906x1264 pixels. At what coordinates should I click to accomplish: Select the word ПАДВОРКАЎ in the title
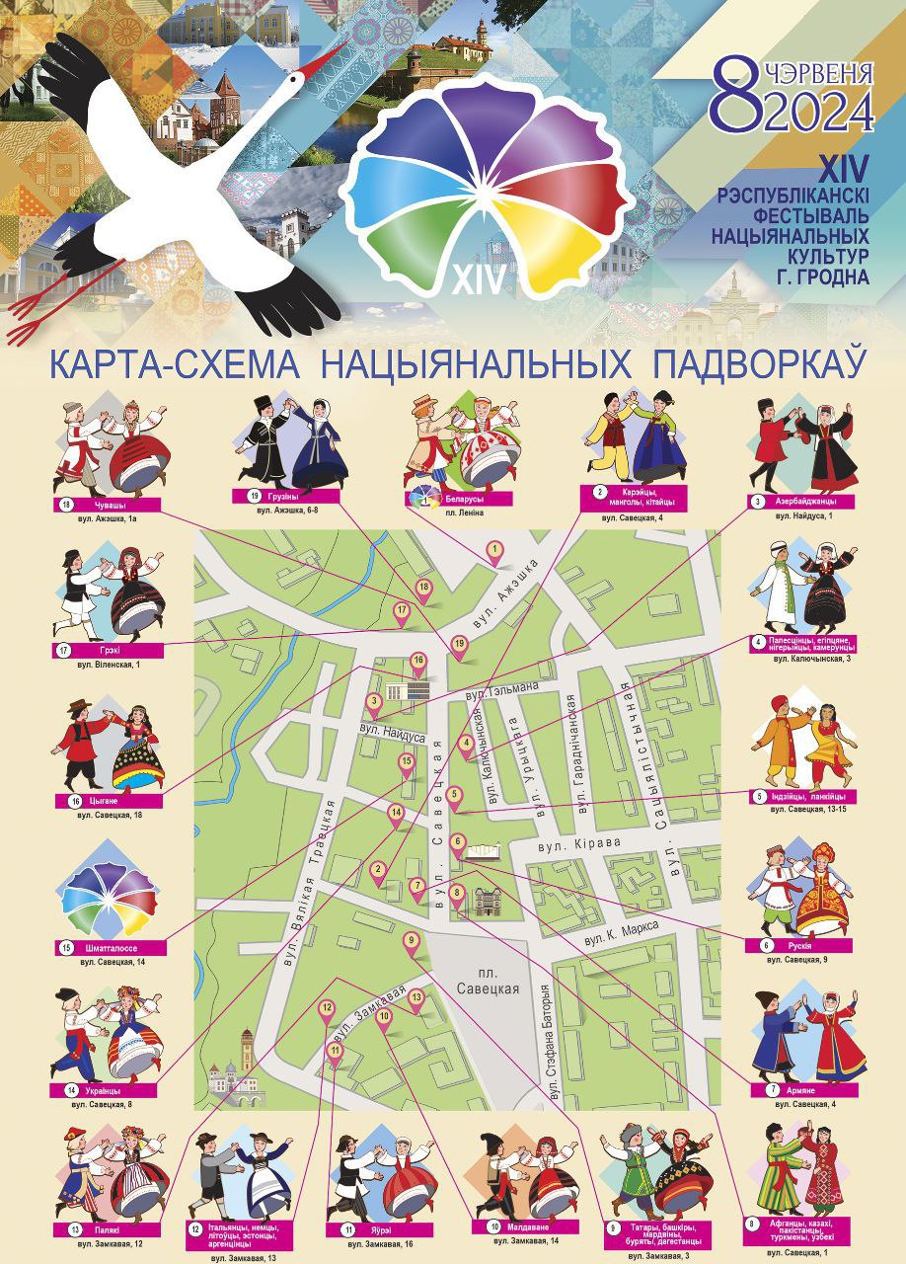[x=759, y=362]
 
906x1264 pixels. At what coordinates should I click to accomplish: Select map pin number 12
[x=327, y=1009]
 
